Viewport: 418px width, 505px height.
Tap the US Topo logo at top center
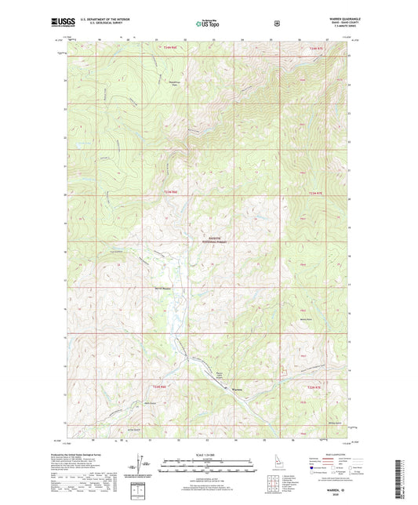[208, 24]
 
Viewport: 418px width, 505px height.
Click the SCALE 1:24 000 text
[208, 454]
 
